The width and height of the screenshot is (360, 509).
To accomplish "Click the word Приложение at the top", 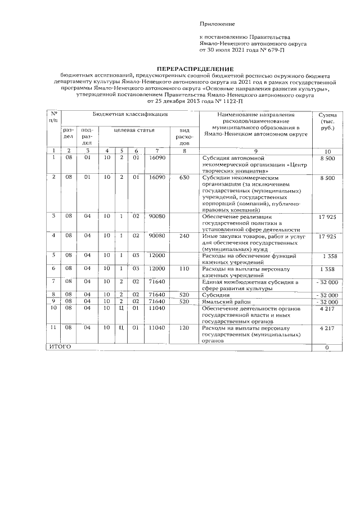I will [x=217, y=24].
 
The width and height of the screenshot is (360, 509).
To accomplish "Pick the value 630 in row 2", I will [x=184, y=178].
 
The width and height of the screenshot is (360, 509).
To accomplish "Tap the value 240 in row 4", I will [x=184, y=236].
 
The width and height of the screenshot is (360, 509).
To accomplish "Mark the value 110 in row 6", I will [x=184, y=269].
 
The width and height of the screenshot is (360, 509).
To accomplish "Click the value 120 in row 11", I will [x=184, y=328].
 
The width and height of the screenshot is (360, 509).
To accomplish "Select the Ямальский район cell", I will [x=224, y=302].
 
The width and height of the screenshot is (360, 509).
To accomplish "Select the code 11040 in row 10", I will [x=156, y=309].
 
